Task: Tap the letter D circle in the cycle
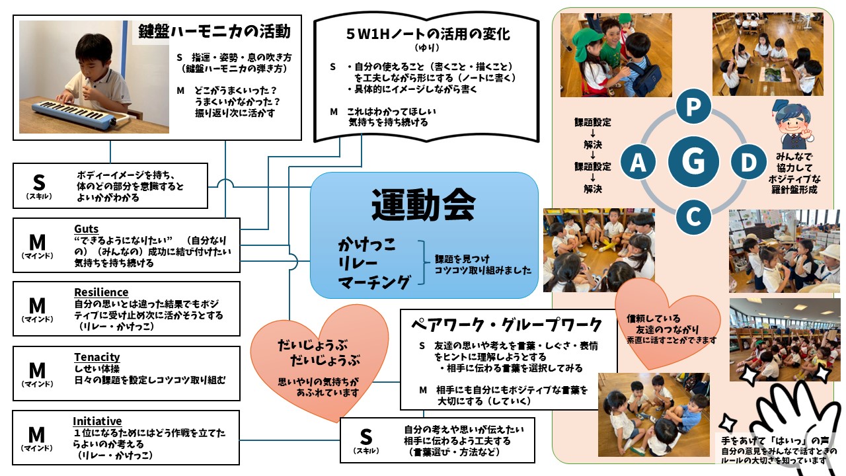pos(748,162)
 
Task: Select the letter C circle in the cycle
pos(693,216)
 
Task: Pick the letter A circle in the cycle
pos(638,162)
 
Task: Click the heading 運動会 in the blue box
pos(423,204)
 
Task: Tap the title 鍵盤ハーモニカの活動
pos(215,32)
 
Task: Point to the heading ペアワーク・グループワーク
pos(507,325)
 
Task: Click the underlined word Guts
pos(87,229)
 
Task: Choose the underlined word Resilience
pos(101,292)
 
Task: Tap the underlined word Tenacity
pos(96,357)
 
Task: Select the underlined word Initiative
pos(97,421)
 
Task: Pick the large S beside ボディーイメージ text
pos(38,182)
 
